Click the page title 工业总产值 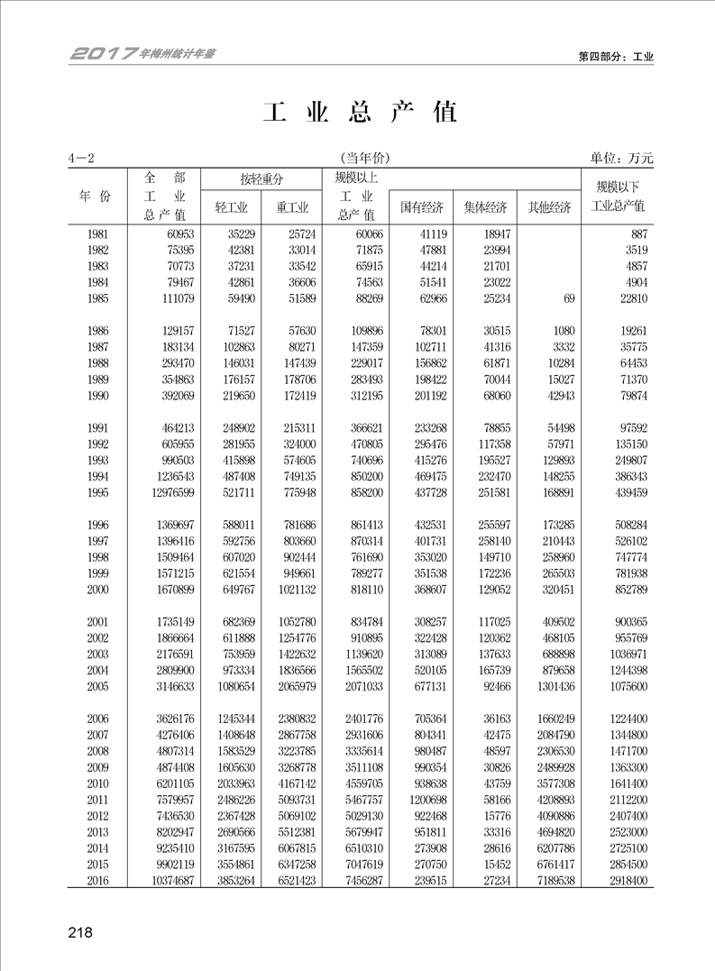tap(360, 112)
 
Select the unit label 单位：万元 tap(621, 158)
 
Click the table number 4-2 tap(81, 159)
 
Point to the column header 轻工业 tap(231, 207)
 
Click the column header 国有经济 tap(422, 207)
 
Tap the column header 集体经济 tap(485, 207)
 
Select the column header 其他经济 tap(549, 207)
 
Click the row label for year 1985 tap(99, 298)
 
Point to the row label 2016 tap(99, 880)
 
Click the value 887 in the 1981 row tap(636, 234)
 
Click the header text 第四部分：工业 tap(615, 57)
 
